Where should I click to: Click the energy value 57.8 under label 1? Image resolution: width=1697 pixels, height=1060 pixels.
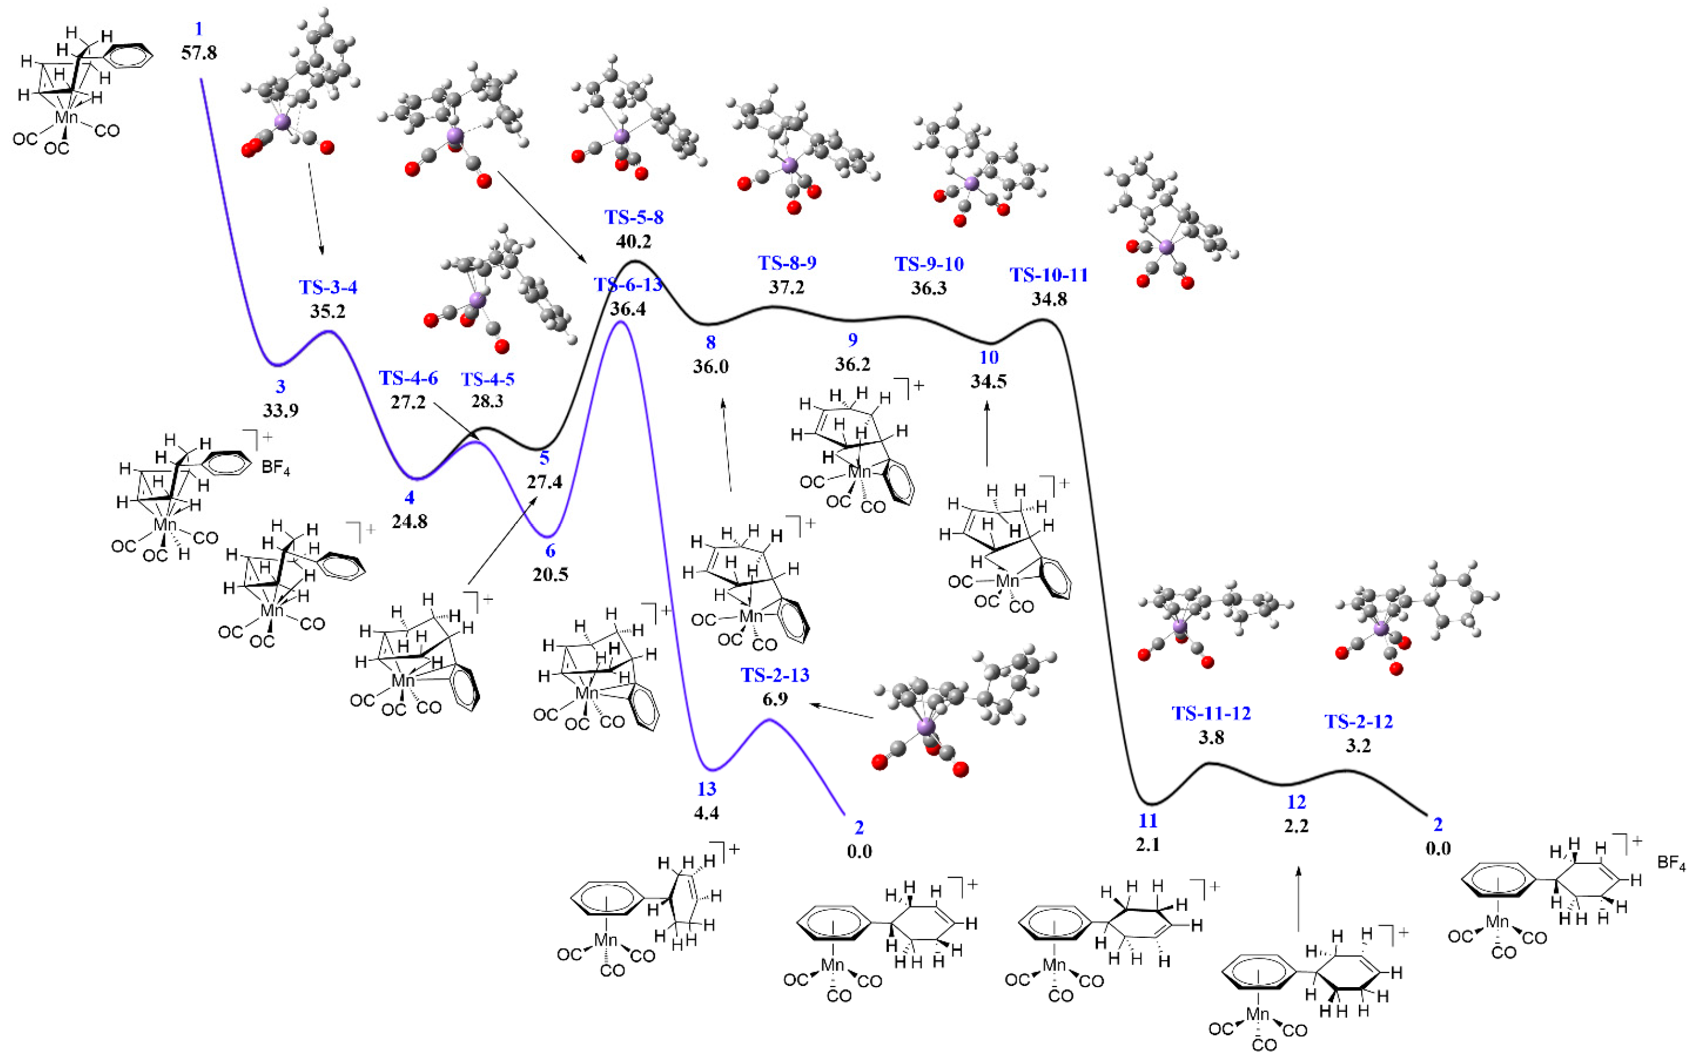tap(199, 53)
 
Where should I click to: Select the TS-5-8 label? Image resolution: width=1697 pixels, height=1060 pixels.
tap(634, 217)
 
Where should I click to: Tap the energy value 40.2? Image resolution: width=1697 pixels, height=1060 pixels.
tap(634, 242)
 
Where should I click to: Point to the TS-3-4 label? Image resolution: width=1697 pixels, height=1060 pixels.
tap(328, 288)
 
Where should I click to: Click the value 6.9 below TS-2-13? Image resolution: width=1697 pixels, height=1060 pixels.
tap(775, 700)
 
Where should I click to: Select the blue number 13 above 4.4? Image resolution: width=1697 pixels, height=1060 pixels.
tap(706, 789)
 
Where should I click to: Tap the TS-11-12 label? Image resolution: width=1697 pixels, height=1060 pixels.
tap(1211, 714)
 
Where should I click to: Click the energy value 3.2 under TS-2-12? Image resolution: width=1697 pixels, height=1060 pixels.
tap(1358, 746)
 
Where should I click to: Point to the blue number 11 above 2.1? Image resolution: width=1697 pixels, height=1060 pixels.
tap(1147, 821)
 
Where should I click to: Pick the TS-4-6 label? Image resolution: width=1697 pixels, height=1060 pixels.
tap(408, 378)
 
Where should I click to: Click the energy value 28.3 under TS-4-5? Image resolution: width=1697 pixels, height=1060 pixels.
tap(487, 402)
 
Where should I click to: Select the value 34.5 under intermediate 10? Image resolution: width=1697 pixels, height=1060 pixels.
tap(989, 382)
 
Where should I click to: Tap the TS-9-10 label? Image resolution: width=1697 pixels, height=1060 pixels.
tap(929, 264)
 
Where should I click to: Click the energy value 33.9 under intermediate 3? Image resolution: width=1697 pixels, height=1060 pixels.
tap(280, 411)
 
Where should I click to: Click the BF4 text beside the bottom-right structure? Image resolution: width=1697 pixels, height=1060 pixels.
tap(1671, 863)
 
